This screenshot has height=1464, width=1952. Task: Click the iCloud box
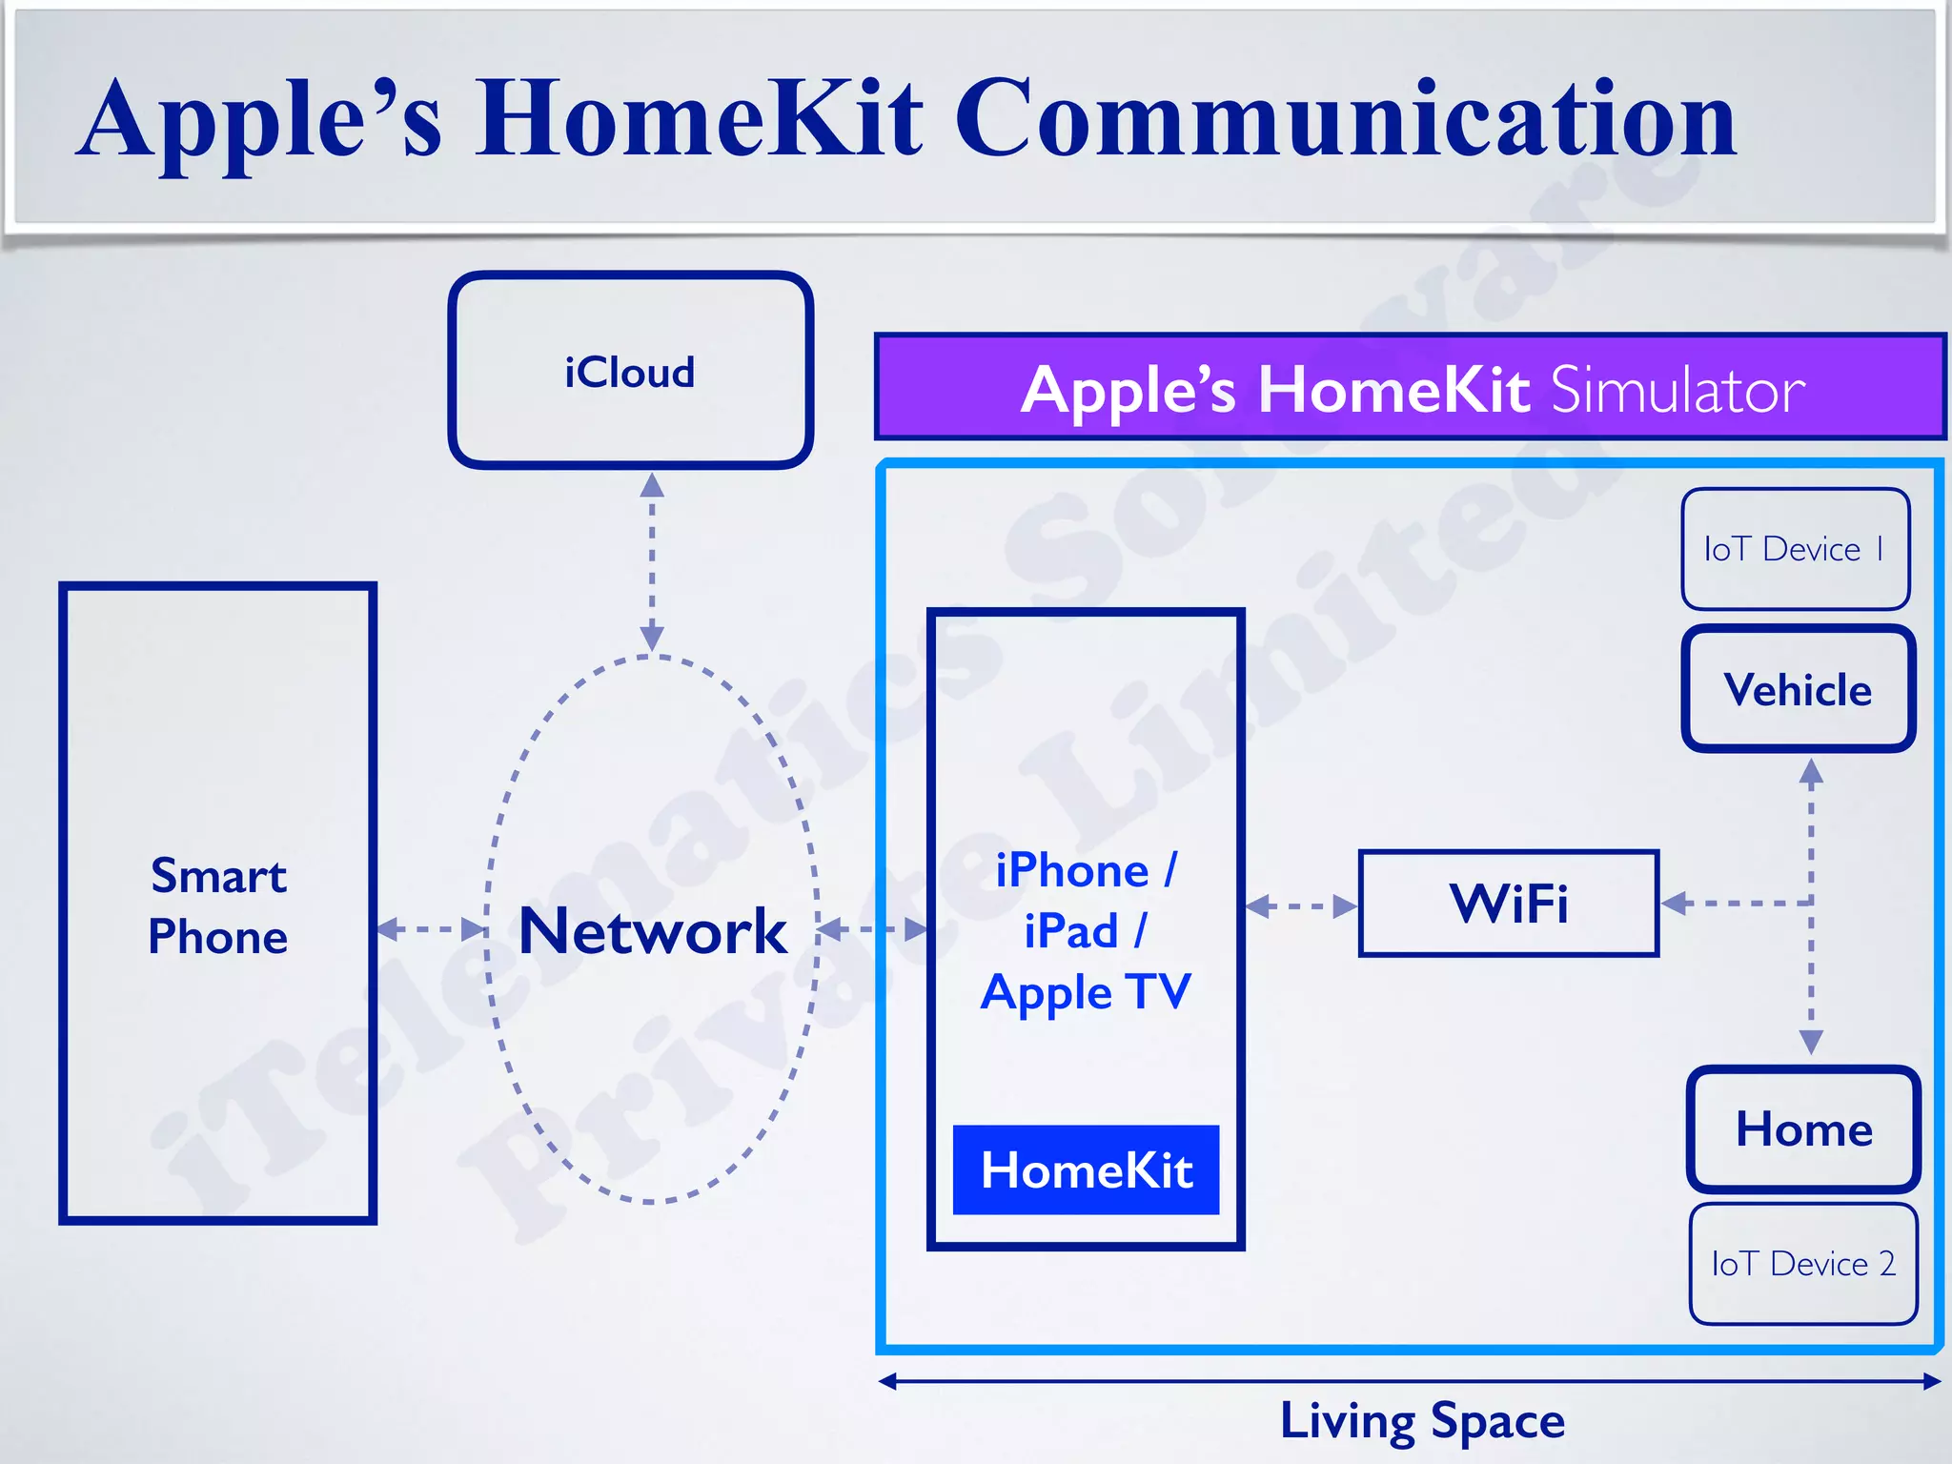(630, 371)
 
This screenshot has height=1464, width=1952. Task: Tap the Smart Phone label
(218, 905)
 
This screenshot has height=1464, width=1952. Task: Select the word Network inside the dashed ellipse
(653, 931)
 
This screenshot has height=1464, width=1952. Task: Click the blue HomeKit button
(1086, 1169)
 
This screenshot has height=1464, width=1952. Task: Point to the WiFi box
(1508, 903)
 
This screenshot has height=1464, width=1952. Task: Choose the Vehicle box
(1798, 689)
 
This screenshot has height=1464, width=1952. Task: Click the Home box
(1803, 1128)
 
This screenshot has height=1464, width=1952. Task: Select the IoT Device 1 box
(1795, 549)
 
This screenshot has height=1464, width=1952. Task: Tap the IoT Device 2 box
(1803, 1264)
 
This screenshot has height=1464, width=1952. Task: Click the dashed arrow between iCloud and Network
(652, 562)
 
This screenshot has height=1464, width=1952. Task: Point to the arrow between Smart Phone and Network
(432, 928)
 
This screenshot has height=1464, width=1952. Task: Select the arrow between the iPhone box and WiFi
(1301, 905)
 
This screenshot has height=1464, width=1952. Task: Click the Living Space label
(1422, 1421)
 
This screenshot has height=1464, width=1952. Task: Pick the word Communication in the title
(1346, 119)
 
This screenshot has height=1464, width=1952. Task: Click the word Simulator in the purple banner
(1677, 390)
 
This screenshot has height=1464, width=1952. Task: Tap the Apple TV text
(1086, 991)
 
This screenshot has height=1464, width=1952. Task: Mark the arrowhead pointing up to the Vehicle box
(1811, 771)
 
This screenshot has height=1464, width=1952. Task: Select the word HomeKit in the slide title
(701, 119)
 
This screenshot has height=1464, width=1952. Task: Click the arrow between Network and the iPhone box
(872, 928)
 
